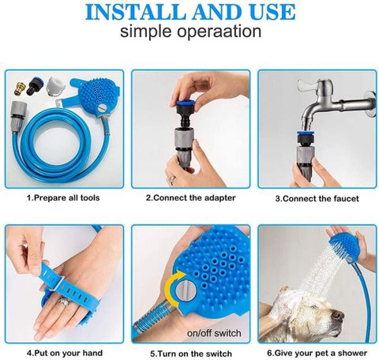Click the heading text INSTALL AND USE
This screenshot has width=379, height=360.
point(189,13)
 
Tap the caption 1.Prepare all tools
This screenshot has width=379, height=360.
point(63,200)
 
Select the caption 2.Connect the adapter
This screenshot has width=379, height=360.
point(190,200)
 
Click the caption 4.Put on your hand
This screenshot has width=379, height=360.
point(63,353)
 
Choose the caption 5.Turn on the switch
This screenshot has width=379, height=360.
point(190,353)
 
